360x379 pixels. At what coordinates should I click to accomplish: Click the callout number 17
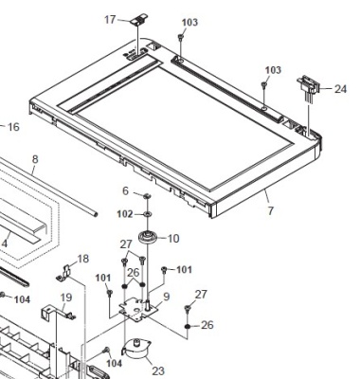[x=110, y=20]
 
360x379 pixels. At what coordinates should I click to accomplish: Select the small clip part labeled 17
[x=139, y=20]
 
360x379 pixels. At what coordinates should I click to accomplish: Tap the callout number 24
[x=340, y=89]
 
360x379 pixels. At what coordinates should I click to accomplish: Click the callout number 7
[x=270, y=210]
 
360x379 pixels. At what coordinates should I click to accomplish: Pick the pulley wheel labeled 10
[x=148, y=238]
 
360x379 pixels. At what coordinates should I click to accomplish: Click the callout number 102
[x=125, y=214]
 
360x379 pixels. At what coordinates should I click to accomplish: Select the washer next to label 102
[x=147, y=214]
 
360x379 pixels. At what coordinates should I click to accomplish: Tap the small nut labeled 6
[x=146, y=196]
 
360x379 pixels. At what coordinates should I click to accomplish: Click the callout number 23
[x=158, y=370]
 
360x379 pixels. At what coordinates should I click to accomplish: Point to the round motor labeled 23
[x=136, y=350]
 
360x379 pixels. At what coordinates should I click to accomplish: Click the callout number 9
[x=167, y=297]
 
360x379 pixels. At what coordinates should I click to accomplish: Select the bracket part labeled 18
[x=63, y=274]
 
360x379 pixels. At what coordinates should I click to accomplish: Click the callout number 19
[x=66, y=298]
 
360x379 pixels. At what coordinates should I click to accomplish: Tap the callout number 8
[x=35, y=159]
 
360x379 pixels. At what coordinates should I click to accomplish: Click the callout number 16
[x=13, y=127]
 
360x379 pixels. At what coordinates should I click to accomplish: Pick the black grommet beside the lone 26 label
[x=188, y=326]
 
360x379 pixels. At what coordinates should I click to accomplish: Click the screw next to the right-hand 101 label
[x=164, y=269]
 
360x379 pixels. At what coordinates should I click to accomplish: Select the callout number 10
[x=173, y=239]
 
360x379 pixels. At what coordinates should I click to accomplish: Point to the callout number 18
[x=83, y=259]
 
